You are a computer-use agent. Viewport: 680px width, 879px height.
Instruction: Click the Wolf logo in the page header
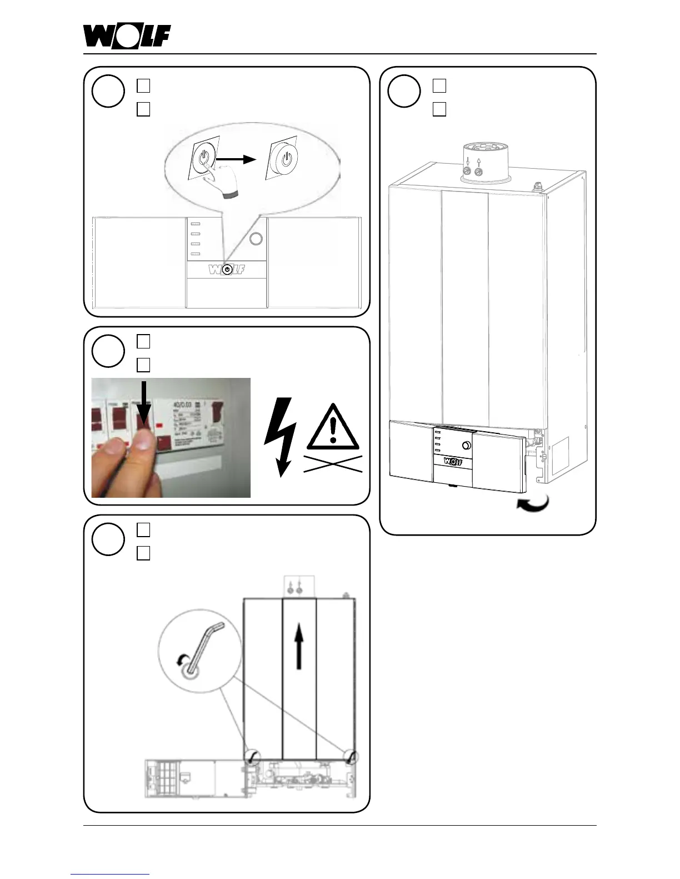pyautogui.click(x=127, y=37)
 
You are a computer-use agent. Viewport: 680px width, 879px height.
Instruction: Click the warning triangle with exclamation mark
pyautogui.click(x=333, y=427)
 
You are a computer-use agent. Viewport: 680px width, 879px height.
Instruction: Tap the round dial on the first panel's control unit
pyautogui.click(x=256, y=239)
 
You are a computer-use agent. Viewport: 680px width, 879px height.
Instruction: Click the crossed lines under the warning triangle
pyautogui.click(x=333, y=463)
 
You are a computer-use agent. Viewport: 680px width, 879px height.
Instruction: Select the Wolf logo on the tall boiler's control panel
pyautogui.click(x=453, y=461)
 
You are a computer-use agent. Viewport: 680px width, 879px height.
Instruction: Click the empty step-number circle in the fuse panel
pyautogui.click(x=108, y=351)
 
